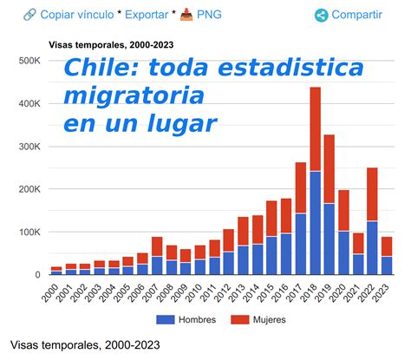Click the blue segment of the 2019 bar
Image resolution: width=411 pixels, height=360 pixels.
pos(329,239)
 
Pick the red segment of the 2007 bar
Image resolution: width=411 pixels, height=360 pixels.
pos(157,246)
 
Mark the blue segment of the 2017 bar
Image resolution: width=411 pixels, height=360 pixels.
pos(301,244)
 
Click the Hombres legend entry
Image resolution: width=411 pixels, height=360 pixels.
pos(195,321)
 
